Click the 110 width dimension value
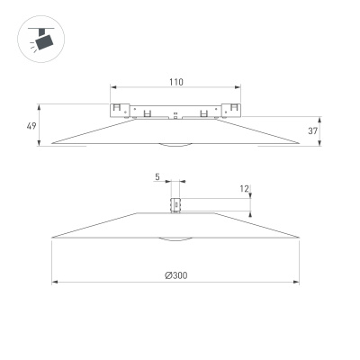(175, 82)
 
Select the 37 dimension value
(312, 130)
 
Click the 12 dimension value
(244, 189)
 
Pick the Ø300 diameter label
(175, 275)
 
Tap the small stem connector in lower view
(176, 205)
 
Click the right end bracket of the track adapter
(235, 110)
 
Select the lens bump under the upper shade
(176, 144)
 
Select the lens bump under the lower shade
(176, 239)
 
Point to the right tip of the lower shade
(299, 238)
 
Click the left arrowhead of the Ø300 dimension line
(55, 283)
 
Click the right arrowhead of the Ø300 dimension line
(297, 283)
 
